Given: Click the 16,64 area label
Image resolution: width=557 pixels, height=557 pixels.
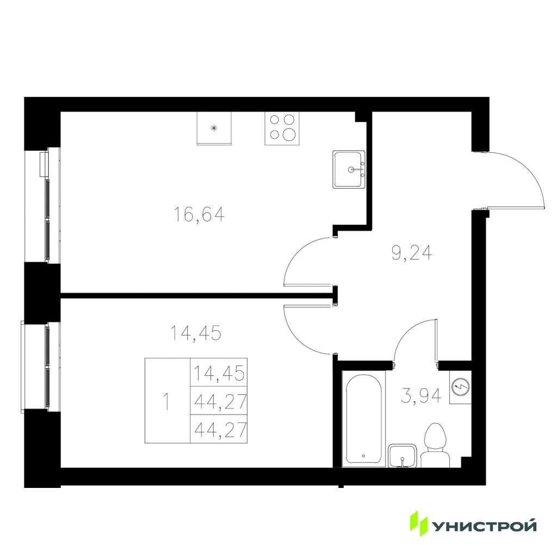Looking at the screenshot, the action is tap(199, 214).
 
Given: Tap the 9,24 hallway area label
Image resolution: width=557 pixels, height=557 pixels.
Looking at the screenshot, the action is tap(412, 253).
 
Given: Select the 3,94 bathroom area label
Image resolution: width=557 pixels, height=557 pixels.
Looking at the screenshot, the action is tap(421, 396).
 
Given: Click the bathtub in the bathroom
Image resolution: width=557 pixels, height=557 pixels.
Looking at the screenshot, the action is tap(363, 419).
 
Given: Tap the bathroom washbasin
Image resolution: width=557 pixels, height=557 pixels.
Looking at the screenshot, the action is tap(403, 456).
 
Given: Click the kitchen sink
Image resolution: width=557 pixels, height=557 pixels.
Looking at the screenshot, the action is tap(349, 170).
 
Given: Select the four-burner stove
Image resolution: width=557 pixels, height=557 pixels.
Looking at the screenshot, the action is tap(282, 128).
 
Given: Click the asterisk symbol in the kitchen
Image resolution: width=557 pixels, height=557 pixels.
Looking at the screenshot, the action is tap(214, 128).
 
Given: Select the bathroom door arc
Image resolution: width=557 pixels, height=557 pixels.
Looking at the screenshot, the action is tap(409, 330).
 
